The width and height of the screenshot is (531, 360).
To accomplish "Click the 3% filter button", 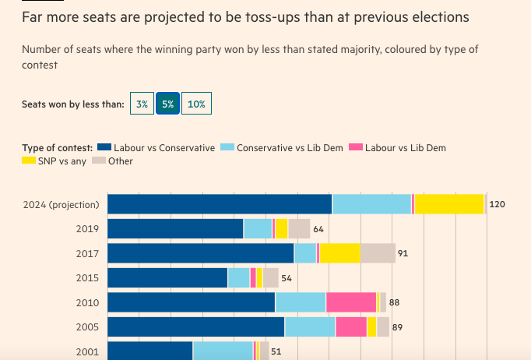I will pyautogui.click(x=142, y=104).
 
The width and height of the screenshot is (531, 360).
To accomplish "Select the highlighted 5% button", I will pyautogui.click(x=167, y=104).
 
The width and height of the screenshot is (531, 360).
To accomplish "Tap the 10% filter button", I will pyautogui.click(x=196, y=104).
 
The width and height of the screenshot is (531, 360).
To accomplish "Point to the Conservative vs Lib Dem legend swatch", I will pyautogui.click(x=227, y=147).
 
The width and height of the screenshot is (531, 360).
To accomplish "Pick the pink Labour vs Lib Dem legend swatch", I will pyautogui.click(x=356, y=147).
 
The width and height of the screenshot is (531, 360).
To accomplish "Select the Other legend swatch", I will pyautogui.click(x=99, y=161).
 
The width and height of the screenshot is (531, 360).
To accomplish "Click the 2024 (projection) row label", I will pyautogui.click(x=62, y=204).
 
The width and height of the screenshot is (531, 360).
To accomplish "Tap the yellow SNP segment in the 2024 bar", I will pyautogui.click(x=449, y=204).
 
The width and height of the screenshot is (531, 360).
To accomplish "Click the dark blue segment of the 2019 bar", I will pyautogui.click(x=175, y=229).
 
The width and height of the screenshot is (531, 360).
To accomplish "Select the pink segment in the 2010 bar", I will pyautogui.click(x=350, y=302).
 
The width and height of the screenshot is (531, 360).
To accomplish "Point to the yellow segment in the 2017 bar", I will pyautogui.click(x=340, y=253).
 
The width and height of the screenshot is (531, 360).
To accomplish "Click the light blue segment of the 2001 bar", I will pyautogui.click(x=223, y=351).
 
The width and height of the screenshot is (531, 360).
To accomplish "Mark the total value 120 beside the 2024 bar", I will pyautogui.click(x=498, y=204).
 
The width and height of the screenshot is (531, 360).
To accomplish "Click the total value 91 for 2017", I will pyautogui.click(x=403, y=253).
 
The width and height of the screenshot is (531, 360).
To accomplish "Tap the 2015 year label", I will pyautogui.click(x=87, y=278).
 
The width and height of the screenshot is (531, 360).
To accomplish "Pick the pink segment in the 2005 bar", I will pyautogui.click(x=351, y=327).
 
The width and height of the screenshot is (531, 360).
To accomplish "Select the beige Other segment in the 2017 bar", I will pyautogui.click(x=378, y=253).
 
